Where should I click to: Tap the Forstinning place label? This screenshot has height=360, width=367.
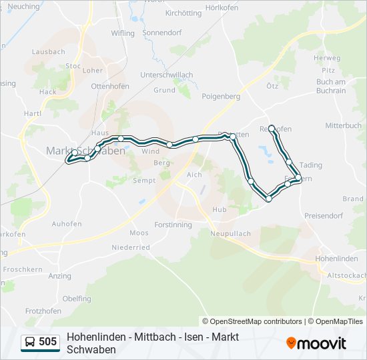tap(173, 225)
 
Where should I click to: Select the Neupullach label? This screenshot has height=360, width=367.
tap(230, 234)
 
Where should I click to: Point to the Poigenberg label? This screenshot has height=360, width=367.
tap(221, 96)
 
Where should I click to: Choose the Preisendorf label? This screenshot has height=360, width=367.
tap(323, 215)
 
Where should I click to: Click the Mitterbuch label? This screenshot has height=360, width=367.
tap(343, 125)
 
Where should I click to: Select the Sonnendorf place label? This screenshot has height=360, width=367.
tap(163, 31)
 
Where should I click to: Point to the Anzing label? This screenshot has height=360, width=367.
tap(60, 275)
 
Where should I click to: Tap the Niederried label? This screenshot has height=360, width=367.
tap(130, 247)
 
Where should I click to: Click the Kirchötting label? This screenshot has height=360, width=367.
tap(183, 13)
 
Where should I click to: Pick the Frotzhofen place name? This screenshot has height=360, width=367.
tap(43, 311)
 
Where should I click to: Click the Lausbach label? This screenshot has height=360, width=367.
tap(48, 51)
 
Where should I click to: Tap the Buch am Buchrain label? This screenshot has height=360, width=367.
tap(331, 86)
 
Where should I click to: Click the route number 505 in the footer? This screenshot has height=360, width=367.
tap(47, 342)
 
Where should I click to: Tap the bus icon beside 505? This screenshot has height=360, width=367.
tap(30, 342)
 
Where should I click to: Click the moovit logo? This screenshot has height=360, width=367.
tap(316, 343)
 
